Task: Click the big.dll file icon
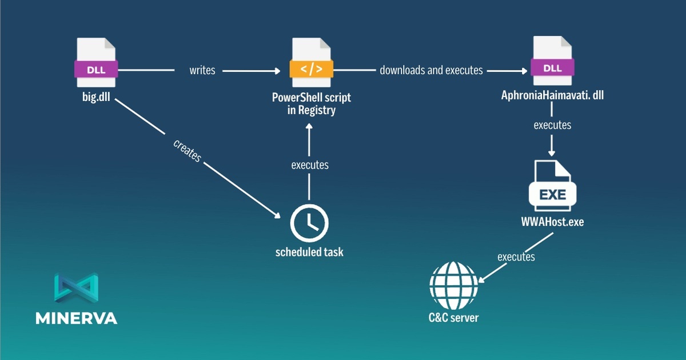[96, 62]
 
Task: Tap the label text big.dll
[96, 97]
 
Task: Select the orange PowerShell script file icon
[312, 62]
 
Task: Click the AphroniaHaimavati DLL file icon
[552, 61]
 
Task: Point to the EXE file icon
[552, 186]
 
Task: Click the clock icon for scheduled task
[309, 223]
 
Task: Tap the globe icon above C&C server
[453, 285]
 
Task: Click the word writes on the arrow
[202, 70]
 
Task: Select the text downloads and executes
[431, 70]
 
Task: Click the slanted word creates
[187, 151]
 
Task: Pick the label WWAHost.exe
[552, 222]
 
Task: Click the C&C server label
[453, 318]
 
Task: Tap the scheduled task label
[309, 252]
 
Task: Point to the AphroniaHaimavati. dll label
[552, 95]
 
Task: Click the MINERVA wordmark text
[76, 318]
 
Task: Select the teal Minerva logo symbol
[76, 288]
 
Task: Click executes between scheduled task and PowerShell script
[310, 165]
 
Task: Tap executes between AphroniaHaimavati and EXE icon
[552, 125]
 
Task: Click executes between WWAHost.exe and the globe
[516, 257]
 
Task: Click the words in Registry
[312, 110]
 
